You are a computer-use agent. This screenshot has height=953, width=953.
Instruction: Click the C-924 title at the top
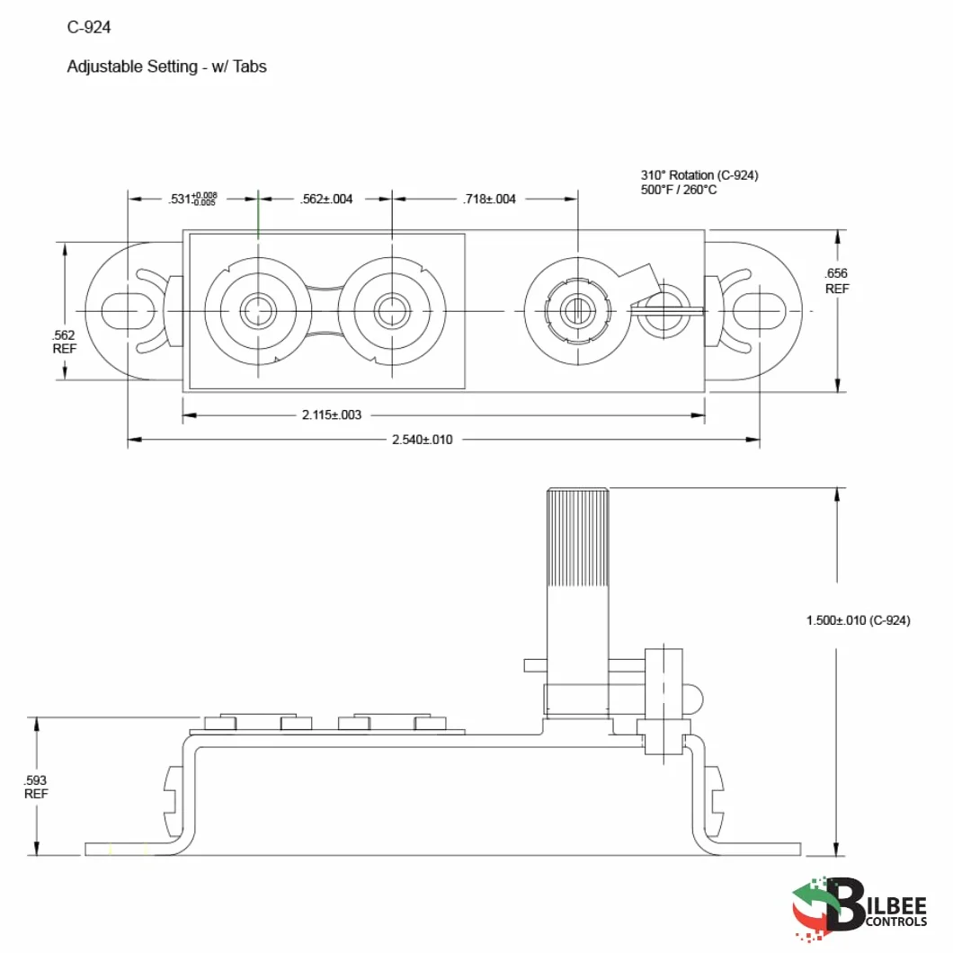89,27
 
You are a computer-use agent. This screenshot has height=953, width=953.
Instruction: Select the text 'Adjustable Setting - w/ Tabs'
166,67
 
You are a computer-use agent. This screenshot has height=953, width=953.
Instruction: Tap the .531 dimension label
192,199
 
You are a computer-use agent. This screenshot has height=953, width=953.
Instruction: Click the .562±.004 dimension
326,199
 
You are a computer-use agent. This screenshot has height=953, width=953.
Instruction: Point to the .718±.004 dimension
489,199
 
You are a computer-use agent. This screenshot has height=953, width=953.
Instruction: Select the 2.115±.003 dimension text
332,414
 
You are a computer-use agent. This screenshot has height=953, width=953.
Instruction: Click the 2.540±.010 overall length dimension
423,440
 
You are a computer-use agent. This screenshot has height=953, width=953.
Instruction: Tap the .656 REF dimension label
837,281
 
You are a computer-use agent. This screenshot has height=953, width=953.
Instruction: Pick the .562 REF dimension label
65,342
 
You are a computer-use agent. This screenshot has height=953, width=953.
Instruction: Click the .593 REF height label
36,787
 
